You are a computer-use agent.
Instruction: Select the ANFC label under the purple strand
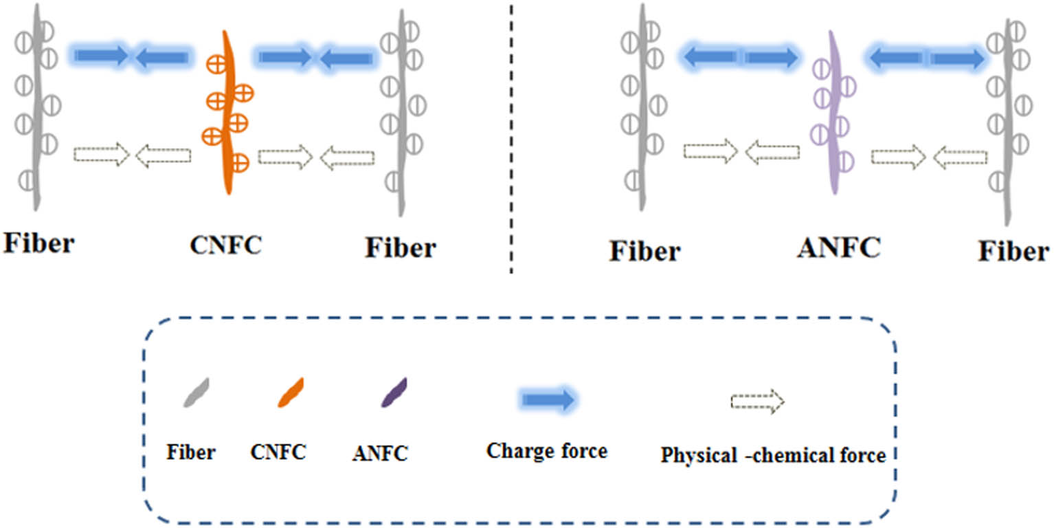tap(838, 247)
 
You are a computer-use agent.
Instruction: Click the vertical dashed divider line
tap(511, 137)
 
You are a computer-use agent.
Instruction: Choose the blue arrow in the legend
tap(548, 399)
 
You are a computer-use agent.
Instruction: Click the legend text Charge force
tap(547, 451)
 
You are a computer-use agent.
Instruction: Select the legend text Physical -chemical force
tap(773, 454)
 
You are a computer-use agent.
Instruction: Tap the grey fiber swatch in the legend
tap(196, 393)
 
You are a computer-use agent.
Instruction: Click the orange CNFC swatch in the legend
tap(291, 393)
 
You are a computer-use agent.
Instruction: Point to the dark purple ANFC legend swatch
tap(394, 393)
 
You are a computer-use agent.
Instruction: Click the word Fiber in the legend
tap(190, 452)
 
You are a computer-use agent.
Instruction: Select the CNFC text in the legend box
tap(278, 452)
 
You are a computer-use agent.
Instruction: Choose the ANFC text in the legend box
tap(380, 453)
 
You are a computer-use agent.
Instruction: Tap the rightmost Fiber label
tap(1013, 252)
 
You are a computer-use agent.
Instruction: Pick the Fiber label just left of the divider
tap(401, 247)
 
